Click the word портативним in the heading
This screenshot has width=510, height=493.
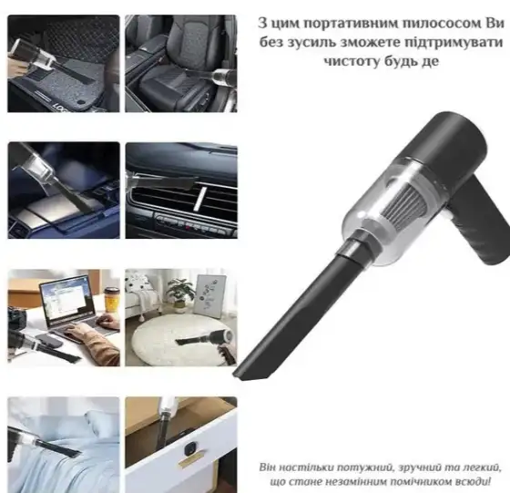click(343, 24)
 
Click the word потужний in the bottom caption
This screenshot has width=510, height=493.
click(362, 467)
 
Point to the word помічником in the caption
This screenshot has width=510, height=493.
click(414, 482)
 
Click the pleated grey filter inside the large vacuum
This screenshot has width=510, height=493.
click(405, 201)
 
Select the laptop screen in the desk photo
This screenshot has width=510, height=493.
click(66, 298)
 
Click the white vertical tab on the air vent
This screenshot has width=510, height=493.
click(200, 200)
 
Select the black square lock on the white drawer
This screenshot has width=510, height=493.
click(190, 449)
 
